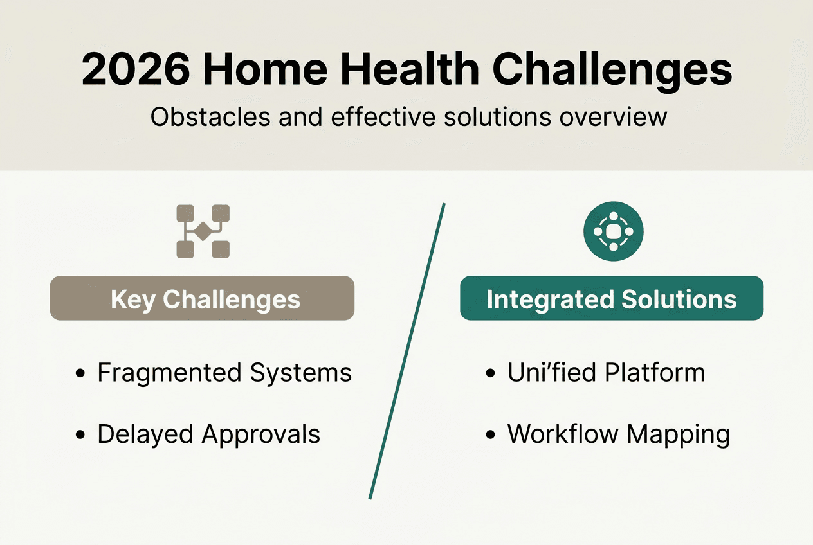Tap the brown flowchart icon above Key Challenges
[x=203, y=231]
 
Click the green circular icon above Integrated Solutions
[x=613, y=231]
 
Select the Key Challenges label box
[x=203, y=299]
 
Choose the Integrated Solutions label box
[x=612, y=299]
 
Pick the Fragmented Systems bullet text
[x=224, y=373]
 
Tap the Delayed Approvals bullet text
[x=208, y=434]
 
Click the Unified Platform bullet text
[x=606, y=373]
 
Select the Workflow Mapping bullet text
[x=618, y=434]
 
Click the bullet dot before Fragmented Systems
[x=80, y=374]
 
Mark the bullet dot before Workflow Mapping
[x=491, y=435]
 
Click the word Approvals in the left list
[x=260, y=434]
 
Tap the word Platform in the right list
[x=656, y=373]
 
